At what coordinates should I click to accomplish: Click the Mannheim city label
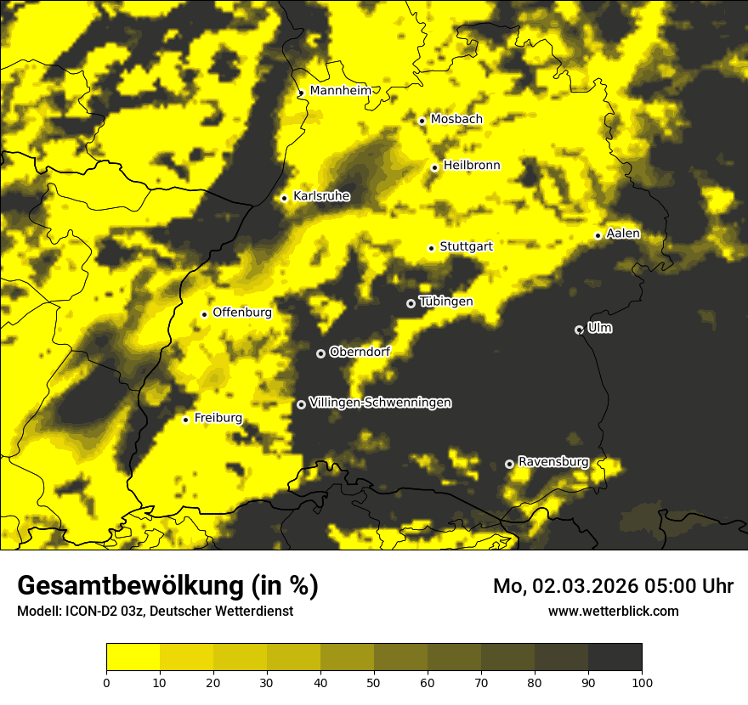[x=340, y=91]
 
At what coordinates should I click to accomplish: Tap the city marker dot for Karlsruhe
[x=285, y=198]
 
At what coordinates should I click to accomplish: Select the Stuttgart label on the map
[x=466, y=246]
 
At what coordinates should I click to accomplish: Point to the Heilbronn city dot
[x=434, y=167]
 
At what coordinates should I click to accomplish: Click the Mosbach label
[x=456, y=120]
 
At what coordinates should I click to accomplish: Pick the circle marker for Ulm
[x=579, y=330]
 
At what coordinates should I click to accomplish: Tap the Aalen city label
[x=623, y=234]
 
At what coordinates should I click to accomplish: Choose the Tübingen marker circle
[x=411, y=303]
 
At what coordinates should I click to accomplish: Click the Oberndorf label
[x=360, y=352]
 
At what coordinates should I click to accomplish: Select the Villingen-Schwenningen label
[x=380, y=403]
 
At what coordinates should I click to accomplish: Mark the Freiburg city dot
[x=185, y=420]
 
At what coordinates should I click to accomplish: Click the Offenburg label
[x=241, y=313]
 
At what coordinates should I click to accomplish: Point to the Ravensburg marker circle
[x=509, y=464]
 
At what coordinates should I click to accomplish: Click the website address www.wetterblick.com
[x=613, y=611]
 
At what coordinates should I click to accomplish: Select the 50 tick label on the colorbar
[x=374, y=681]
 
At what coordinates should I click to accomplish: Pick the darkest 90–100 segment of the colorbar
[x=615, y=657]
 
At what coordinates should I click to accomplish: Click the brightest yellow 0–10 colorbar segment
[x=133, y=657]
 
